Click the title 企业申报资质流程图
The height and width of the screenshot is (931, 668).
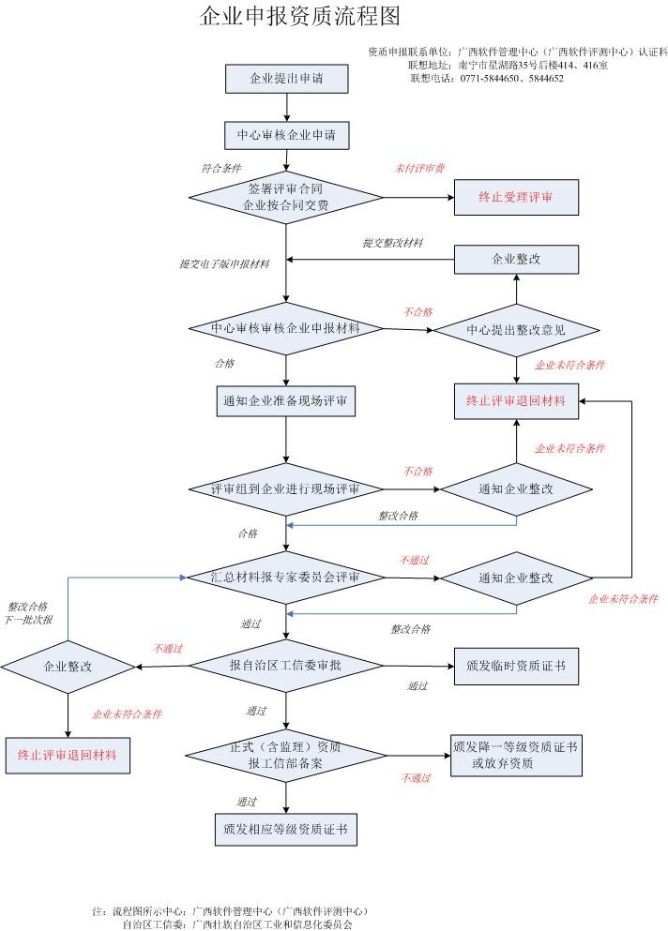300,17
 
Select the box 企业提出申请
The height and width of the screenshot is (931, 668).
286,79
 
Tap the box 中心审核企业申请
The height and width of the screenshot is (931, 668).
286,135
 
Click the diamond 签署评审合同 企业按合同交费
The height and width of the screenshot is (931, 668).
285,196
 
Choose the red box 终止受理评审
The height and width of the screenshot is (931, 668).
516,197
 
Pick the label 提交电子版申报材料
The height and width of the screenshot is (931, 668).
224,264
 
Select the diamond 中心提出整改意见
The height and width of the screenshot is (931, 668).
516,330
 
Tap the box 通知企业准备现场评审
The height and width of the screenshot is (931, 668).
286,402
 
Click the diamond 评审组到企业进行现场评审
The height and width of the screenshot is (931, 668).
285,489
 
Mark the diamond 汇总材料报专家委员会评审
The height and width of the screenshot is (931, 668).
285,578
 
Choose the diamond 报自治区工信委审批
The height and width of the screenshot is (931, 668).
285,665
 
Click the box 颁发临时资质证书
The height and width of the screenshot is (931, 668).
515,666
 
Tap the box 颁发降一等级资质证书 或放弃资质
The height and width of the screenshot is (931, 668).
515,755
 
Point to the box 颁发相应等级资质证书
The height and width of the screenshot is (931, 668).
285,829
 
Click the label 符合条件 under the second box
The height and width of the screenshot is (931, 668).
221,169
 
